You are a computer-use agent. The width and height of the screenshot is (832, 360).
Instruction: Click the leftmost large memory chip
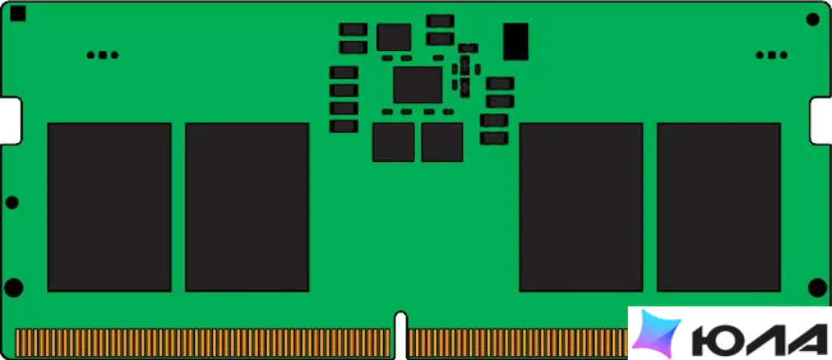point(110,207)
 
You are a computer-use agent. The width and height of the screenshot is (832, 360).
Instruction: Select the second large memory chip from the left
point(247,207)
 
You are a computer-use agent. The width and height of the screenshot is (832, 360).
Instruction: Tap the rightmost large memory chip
point(719,207)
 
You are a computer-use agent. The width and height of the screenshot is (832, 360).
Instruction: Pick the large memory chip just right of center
point(581,207)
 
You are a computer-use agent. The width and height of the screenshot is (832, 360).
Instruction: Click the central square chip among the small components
point(418,85)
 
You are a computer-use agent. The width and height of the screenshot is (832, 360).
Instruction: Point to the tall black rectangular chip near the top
point(516,42)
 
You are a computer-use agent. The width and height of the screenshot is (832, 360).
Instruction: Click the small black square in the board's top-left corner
point(18,14)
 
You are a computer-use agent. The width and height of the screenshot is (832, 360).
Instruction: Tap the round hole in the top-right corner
point(813,20)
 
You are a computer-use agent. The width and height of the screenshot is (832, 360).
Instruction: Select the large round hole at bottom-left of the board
point(14,287)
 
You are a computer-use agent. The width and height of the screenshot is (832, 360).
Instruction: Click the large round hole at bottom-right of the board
point(818,287)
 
